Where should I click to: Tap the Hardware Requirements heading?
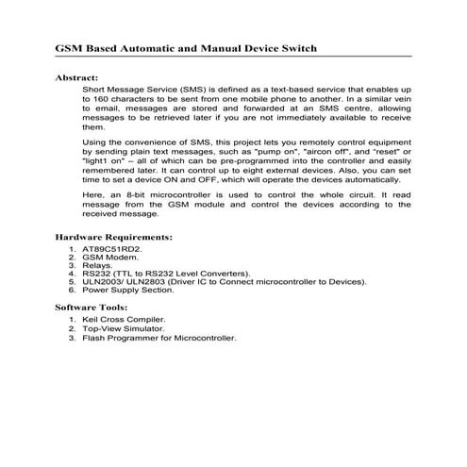click(113, 239)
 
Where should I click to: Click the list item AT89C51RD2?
click(112, 250)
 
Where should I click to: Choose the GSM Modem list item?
click(111, 259)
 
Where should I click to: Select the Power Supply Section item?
click(133, 290)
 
